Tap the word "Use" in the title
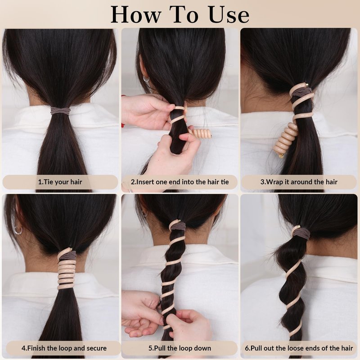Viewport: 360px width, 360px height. tap(229, 15)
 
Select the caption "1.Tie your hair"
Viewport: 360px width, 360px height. tap(60, 182)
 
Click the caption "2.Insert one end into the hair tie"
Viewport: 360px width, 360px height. tap(180, 182)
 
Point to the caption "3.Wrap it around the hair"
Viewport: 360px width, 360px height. tap(299, 182)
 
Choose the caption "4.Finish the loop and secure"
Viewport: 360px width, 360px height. tap(64, 348)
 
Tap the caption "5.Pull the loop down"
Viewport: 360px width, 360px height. tap(180, 348)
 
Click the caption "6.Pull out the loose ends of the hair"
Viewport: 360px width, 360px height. tap(299, 348)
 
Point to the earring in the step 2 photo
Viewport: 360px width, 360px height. tap(146, 79)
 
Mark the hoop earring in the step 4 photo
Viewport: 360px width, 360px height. tap(18, 230)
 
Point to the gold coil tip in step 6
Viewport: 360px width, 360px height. tap(298, 227)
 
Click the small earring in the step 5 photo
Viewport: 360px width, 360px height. tap(144, 214)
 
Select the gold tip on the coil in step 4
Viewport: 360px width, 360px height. tap(70, 249)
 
